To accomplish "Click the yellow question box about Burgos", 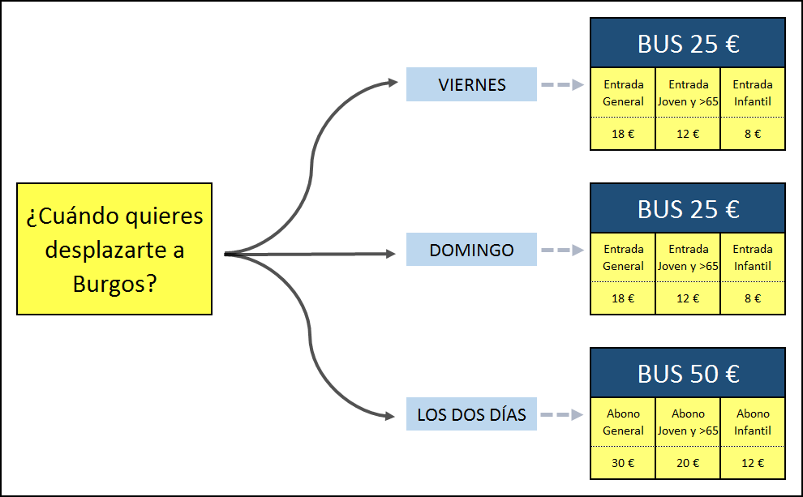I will point(114,248).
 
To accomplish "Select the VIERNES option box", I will point(471,84).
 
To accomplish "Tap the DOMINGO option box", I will point(471,250).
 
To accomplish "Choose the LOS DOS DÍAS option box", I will point(471,415).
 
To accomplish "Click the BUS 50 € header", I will point(688,374).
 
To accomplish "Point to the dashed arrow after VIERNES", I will point(562,84).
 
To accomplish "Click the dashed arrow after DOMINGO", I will point(562,250).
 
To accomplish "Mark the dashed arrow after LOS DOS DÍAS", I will point(562,415).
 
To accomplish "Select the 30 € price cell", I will point(623,463).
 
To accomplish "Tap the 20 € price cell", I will point(688,463).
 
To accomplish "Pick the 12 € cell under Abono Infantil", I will point(753,463).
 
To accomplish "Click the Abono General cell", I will point(623,422).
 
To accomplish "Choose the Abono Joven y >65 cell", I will point(688,422).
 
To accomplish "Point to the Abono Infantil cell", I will point(753,422).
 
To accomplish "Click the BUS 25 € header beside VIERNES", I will point(688,44).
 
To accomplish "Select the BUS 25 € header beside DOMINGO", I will point(688,209).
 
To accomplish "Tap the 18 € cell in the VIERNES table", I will point(623,134).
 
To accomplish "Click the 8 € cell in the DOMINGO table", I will point(753,298).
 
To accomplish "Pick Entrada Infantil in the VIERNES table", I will point(753,92).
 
